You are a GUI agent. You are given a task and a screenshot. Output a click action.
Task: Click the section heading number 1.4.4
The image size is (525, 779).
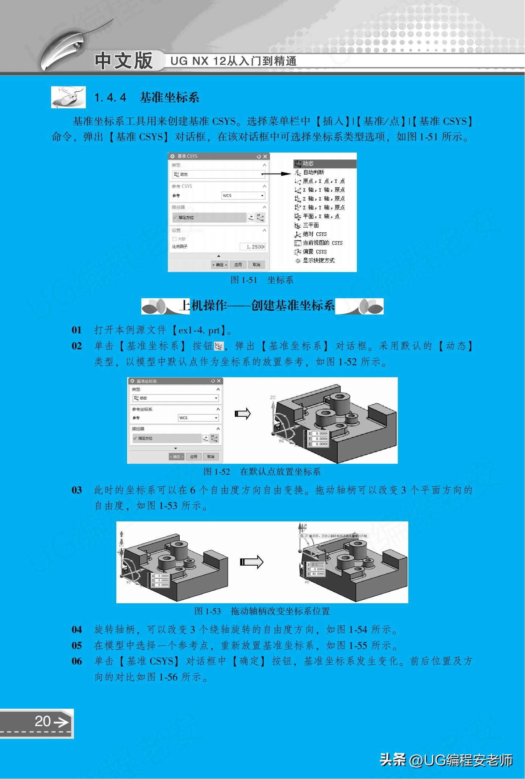click(111, 97)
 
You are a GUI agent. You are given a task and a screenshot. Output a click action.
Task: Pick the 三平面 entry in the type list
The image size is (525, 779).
click(311, 225)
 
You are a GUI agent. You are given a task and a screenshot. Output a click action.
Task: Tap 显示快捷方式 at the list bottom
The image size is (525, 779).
click(318, 261)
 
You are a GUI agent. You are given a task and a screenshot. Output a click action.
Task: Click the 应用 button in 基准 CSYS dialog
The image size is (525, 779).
click(238, 265)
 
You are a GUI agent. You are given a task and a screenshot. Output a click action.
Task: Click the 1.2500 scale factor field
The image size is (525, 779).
click(253, 247)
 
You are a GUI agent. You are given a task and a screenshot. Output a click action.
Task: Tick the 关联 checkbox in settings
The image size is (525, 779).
click(175, 239)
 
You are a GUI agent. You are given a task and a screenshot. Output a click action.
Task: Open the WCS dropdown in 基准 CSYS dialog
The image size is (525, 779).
click(243, 196)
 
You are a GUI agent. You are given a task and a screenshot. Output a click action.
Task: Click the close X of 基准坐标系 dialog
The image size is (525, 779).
click(218, 381)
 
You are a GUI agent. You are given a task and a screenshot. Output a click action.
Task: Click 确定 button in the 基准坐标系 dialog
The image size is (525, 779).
click(176, 457)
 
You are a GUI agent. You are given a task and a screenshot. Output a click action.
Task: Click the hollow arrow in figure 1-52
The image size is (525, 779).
click(243, 414)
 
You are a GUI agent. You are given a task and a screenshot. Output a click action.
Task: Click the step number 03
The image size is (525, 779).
click(77, 490)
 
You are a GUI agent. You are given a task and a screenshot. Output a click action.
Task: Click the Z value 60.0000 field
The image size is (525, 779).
click(318, 574)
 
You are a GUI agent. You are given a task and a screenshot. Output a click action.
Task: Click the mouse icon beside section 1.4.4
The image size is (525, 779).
click(68, 97)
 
